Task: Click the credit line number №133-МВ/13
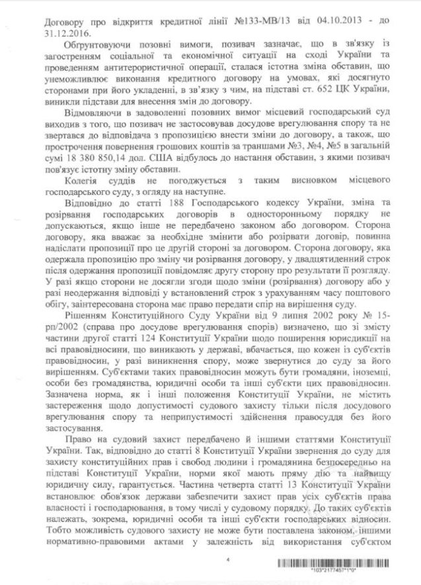coord(268,22)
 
